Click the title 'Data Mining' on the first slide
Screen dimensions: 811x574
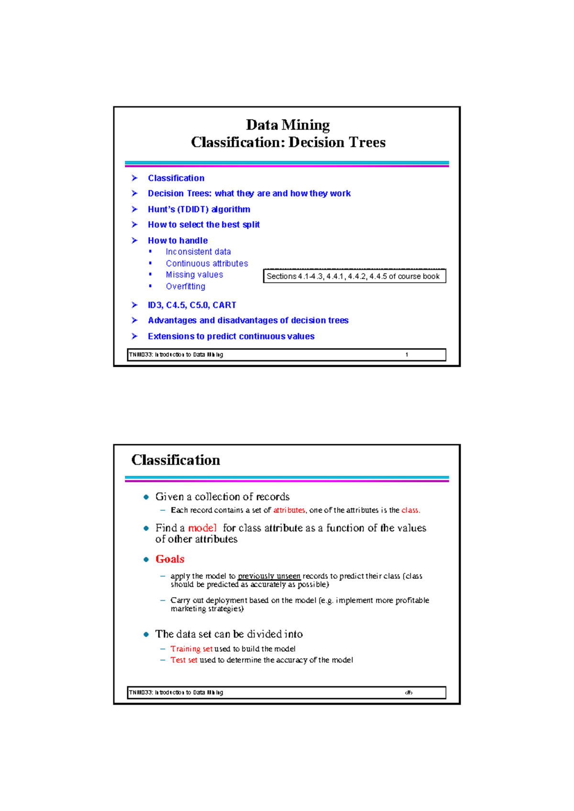287,125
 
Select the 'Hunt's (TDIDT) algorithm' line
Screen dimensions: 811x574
199,209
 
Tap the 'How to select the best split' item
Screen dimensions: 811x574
203,225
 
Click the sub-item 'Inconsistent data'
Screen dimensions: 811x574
198,252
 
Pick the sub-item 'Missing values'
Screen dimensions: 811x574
194,275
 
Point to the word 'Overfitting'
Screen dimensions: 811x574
186,286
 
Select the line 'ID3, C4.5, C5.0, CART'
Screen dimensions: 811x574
192,305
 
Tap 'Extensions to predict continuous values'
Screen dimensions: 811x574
231,337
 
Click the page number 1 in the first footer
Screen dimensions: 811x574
407,355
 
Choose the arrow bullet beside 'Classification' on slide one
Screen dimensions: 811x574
134,178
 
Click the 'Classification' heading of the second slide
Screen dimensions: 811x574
176,460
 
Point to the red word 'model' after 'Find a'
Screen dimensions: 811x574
202,528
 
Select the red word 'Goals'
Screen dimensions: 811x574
170,559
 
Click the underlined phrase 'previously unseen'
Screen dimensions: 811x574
269,576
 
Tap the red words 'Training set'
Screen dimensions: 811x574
191,649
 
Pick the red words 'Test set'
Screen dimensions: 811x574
184,660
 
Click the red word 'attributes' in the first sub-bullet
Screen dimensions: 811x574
289,510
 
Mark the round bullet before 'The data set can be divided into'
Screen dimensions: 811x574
146,635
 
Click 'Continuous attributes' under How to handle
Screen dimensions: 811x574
207,263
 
